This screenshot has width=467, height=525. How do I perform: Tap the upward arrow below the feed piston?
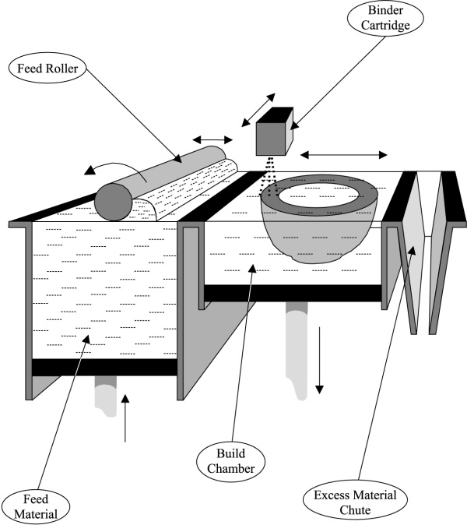(125, 418)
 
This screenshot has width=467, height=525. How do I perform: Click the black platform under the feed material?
(105, 367)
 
